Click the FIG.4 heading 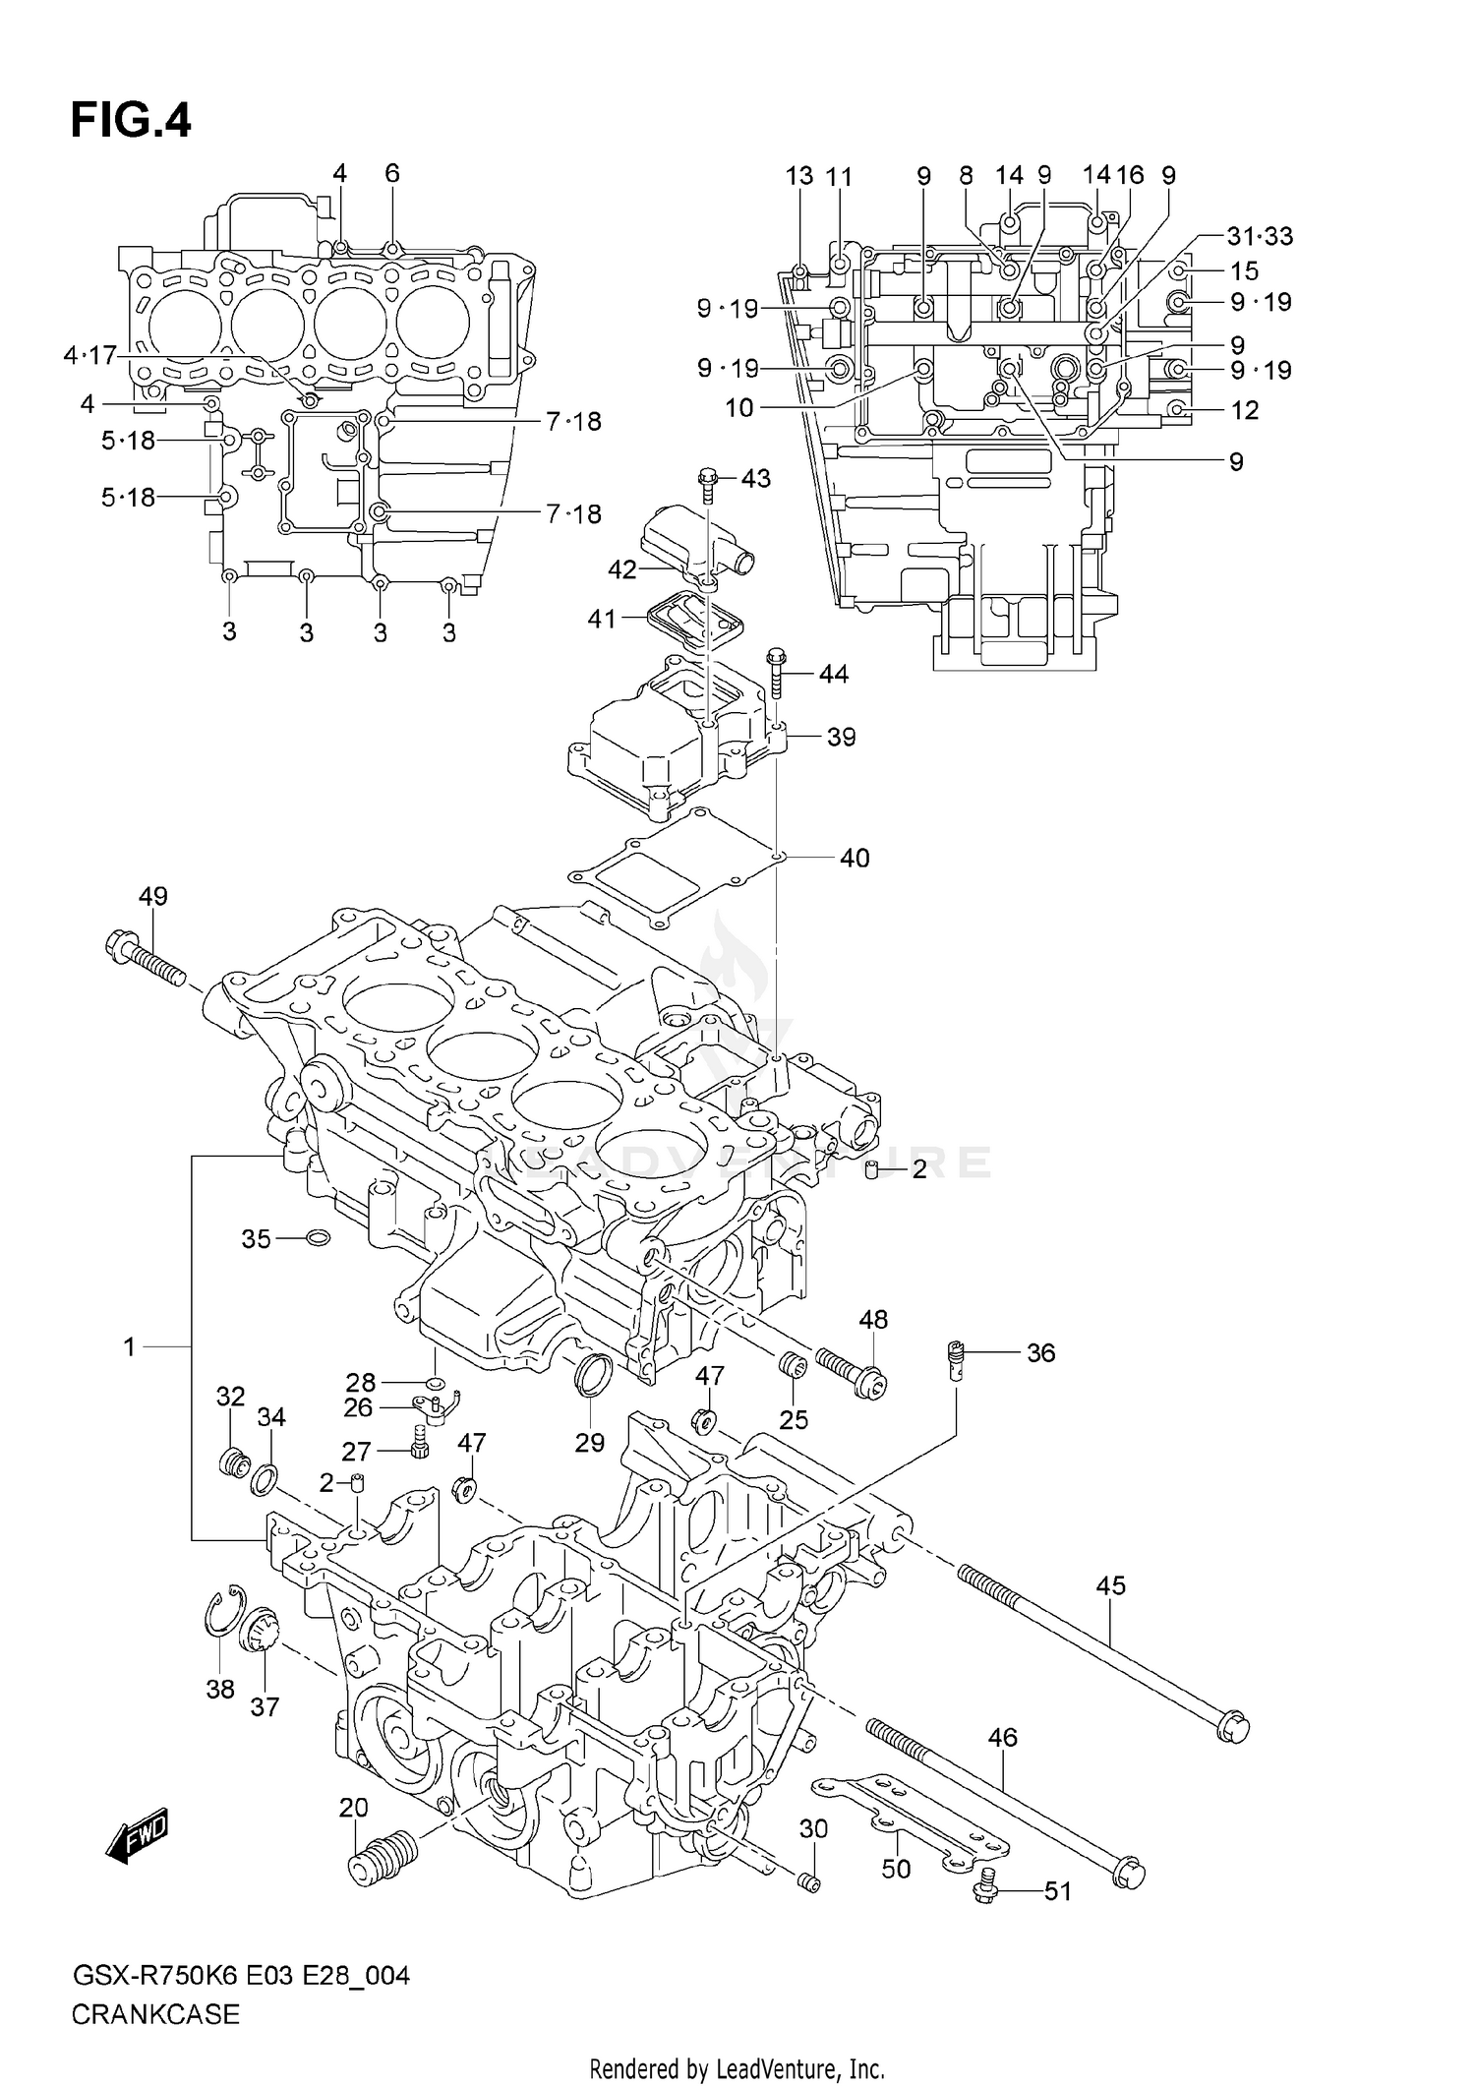[131, 121]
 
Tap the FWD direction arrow [139, 1835]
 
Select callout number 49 [152, 896]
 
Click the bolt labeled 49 [145, 959]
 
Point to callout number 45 [1111, 1585]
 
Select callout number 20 [354, 1807]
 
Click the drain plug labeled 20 [383, 1857]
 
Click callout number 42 [621, 568]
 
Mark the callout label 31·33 [1260, 236]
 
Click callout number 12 [1245, 409]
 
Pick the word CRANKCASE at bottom [155, 2015]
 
